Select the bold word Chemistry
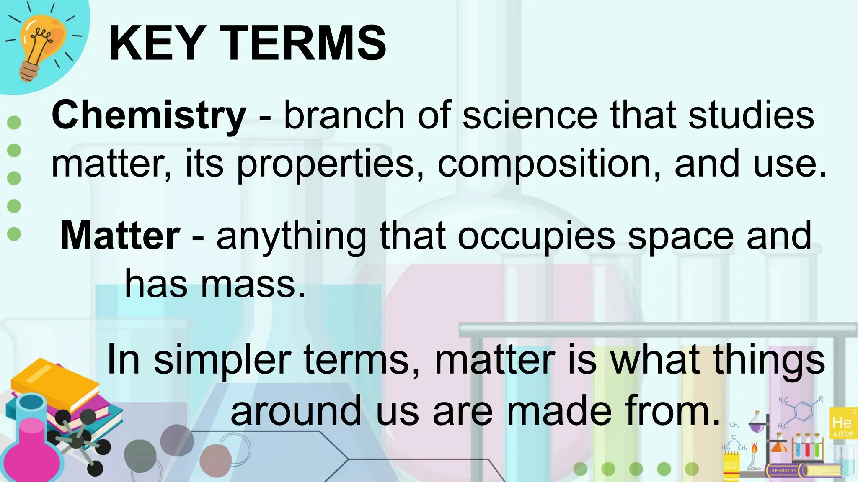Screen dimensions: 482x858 click(149, 115)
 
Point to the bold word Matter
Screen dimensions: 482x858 click(121, 236)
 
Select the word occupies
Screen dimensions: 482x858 click(536, 236)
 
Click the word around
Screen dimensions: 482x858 click(296, 411)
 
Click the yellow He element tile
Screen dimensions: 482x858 click(842, 423)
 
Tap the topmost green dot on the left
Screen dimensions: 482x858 click(14, 123)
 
